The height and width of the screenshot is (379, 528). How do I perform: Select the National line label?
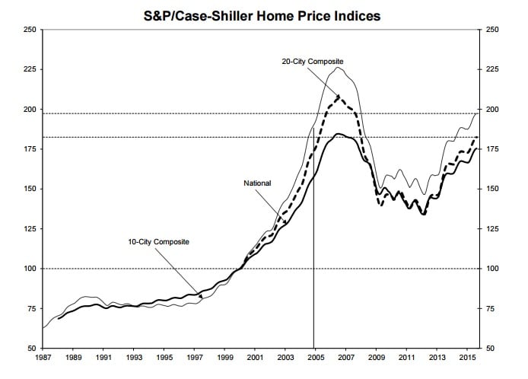[258, 183]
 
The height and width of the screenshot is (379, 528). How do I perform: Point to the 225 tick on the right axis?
[487, 69]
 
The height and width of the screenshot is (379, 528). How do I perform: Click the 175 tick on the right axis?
[487, 149]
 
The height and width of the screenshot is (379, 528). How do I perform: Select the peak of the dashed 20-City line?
[338, 96]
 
